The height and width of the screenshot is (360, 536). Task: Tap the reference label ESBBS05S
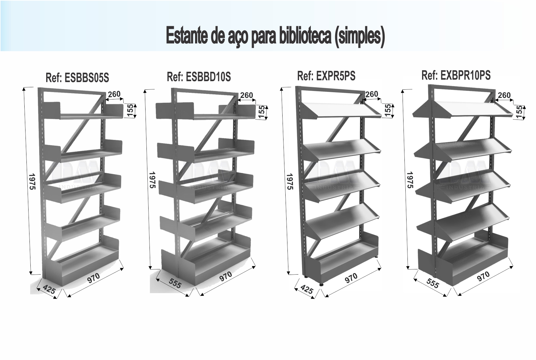77,78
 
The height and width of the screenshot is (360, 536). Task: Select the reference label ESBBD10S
199,77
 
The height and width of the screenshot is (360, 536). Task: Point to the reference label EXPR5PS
326,76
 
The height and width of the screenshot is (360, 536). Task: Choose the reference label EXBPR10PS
456,75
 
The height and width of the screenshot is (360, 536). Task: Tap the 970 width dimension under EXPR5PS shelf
351,278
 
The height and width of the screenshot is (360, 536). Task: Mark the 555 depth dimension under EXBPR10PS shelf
432,283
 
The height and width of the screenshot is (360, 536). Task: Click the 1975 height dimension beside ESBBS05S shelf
33,182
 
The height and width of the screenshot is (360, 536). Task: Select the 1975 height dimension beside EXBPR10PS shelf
410,180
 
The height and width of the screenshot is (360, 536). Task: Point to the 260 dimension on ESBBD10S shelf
246,95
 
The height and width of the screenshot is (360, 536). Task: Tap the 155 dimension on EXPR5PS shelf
388,109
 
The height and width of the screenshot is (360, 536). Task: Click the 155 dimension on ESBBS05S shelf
130,110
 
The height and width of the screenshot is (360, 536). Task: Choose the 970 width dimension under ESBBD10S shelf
225,276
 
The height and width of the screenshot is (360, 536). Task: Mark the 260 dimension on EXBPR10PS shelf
504,95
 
